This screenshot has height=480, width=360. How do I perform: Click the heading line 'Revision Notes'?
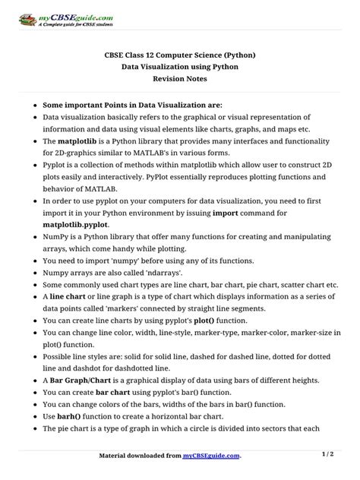coord(179,79)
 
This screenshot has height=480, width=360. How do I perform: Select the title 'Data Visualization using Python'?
coord(179,67)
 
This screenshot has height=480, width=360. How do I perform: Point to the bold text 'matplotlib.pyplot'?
coord(75,225)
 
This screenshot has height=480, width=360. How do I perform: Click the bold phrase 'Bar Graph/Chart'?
coord(85,380)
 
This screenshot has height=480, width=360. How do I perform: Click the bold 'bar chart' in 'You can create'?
coord(108,392)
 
